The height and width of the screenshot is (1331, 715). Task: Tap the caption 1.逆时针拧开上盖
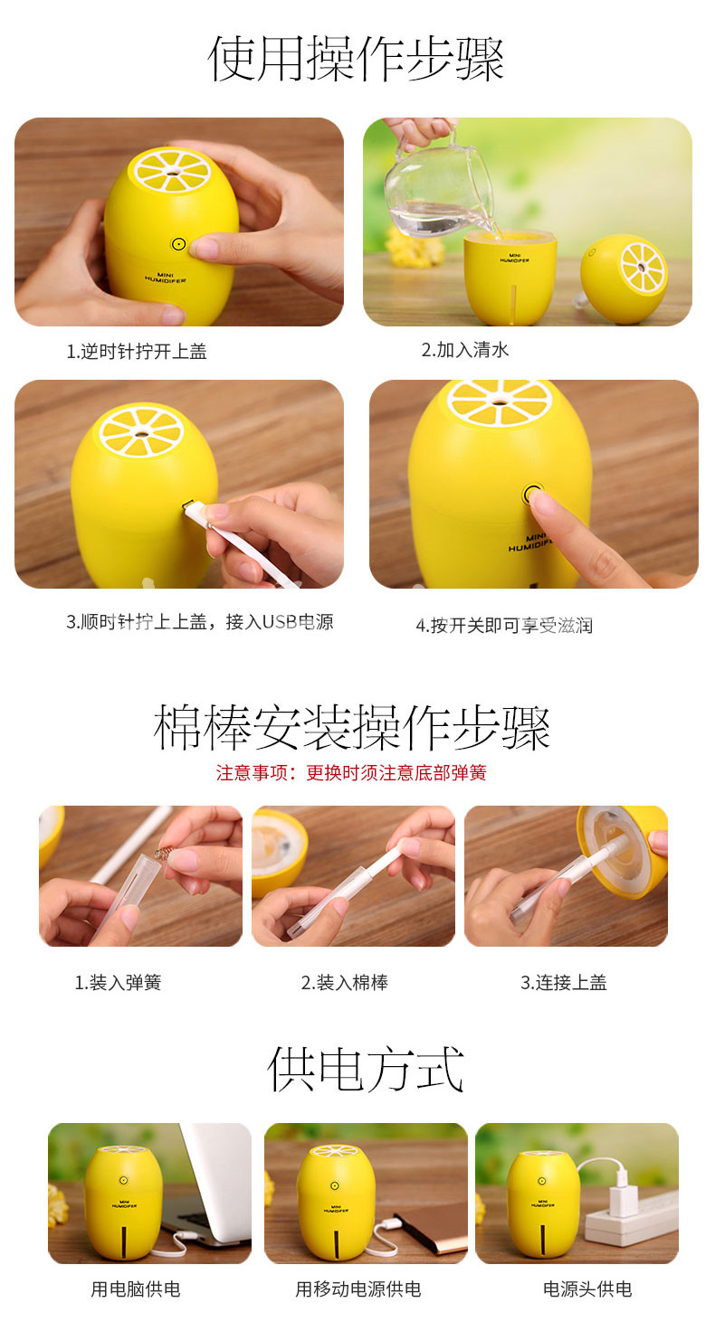click(x=137, y=351)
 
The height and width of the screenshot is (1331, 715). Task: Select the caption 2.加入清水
click(x=465, y=349)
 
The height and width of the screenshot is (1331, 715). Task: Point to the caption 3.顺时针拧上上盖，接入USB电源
click(x=200, y=621)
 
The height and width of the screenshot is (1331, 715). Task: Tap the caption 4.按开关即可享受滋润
click(x=504, y=625)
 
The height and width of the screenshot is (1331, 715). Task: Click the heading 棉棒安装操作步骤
click(x=351, y=727)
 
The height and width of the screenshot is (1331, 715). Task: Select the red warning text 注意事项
click(x=252, y=772)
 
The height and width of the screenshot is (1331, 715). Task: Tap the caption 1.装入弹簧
click(x=118, y=982)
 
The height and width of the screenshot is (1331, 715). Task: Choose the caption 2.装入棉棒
click(x=345, y=982)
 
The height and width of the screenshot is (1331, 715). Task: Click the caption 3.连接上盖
click(x=564, y=982)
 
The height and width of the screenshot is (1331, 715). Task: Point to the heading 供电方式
click(x=366, y=1070)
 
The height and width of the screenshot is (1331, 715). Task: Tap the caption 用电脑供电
click(x=136, y=1289)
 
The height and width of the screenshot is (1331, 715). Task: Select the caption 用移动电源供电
click(x=358, y=1289)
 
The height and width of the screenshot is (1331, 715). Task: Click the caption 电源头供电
click(x=587, y=1289)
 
